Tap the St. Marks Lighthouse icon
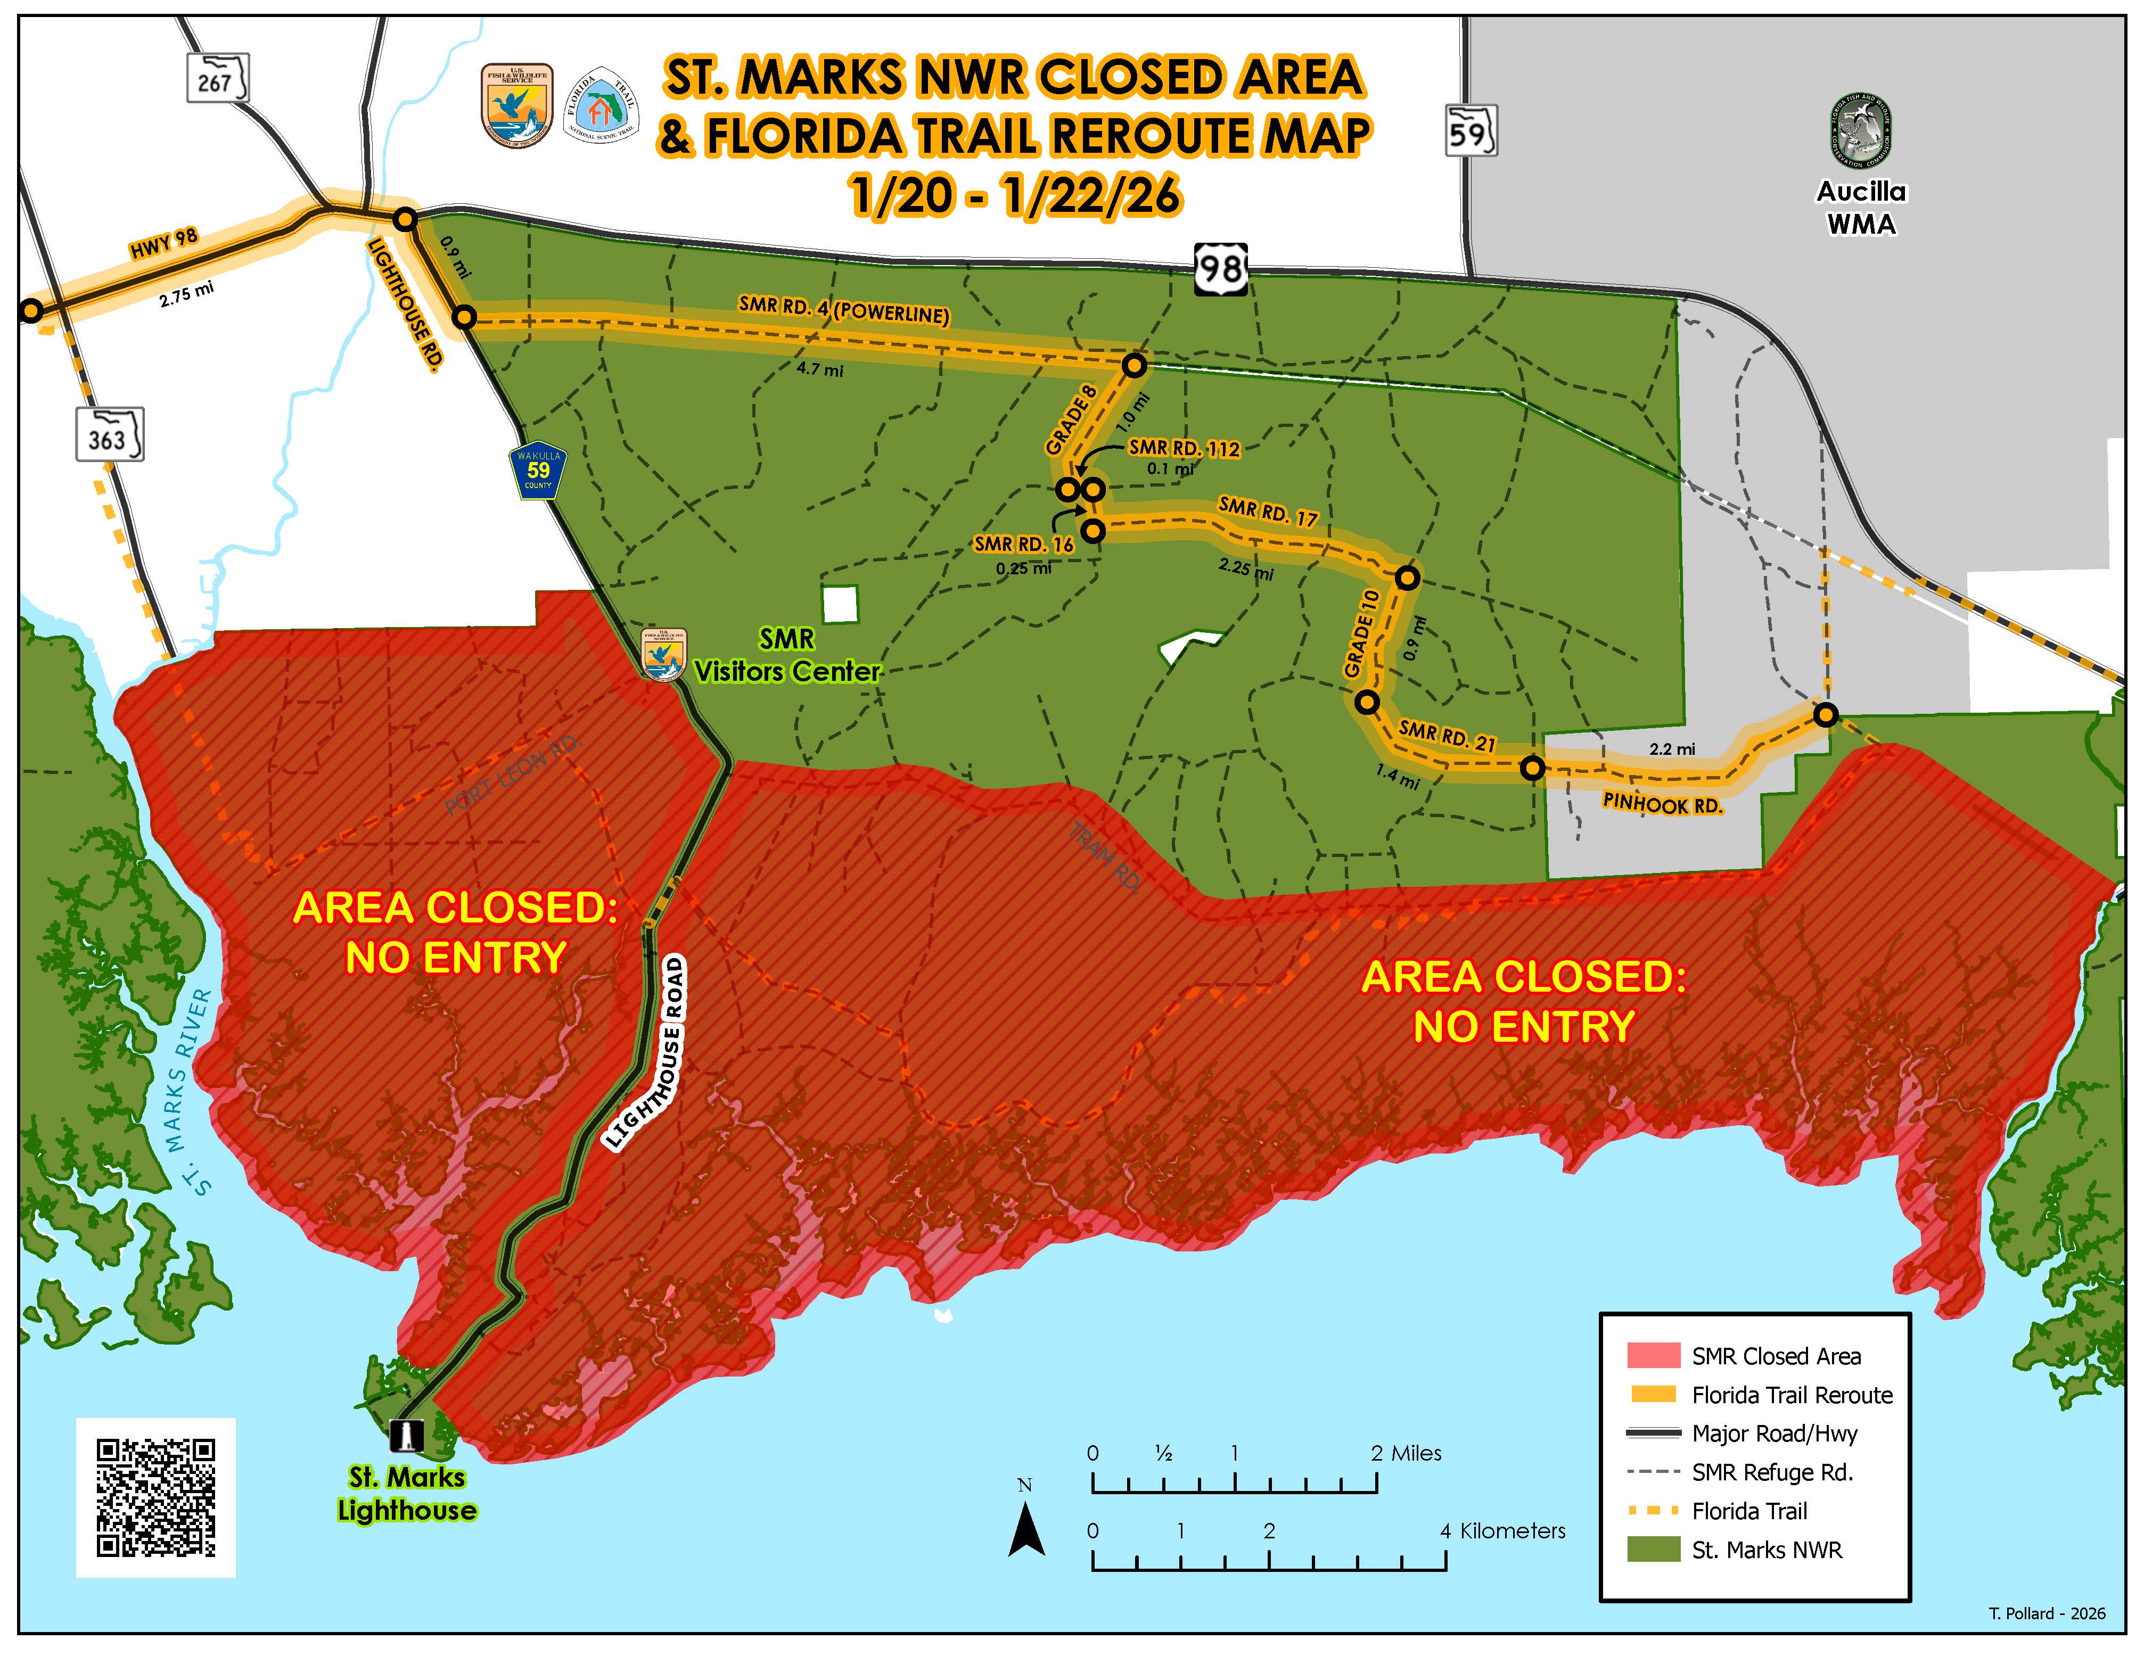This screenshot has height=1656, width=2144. (x=406, y=1436)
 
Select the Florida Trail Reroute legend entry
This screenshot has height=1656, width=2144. (x=1792, y=1395)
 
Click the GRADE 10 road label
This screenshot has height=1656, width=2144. (x=1361, y=633)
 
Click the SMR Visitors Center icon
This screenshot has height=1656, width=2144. (x=663, y=655)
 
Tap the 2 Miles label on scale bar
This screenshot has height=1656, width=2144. (x=1406, y=1453)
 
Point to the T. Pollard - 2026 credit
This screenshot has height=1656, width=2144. (x=2047, y=1613)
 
